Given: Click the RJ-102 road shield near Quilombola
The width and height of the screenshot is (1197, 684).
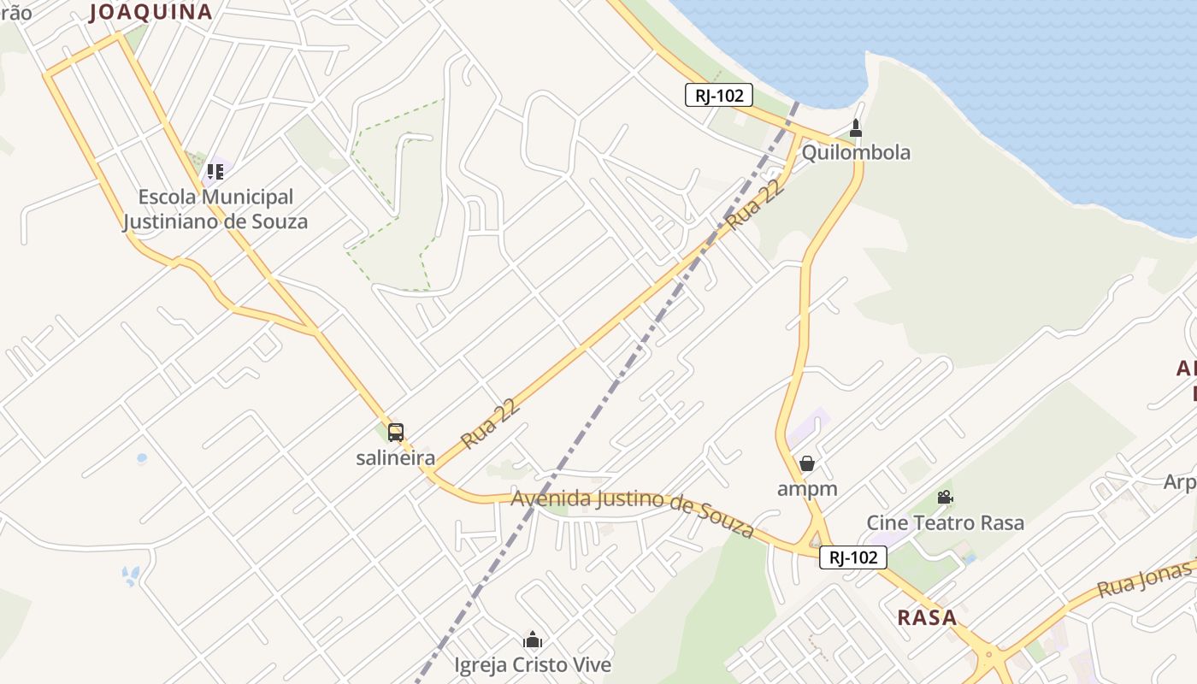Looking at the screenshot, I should pyautogui.click(x=718, y=96).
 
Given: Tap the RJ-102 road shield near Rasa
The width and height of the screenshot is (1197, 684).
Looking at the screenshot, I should pyautogui.click(x=853, y=558).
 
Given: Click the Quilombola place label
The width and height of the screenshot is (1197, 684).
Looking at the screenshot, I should pyautogui.click(x=855, y=153).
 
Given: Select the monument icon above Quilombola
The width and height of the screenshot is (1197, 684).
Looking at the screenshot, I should pyautogui.click(x=855, y=129).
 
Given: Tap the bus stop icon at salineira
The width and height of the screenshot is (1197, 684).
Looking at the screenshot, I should pyautogui.click(x=395, y=433).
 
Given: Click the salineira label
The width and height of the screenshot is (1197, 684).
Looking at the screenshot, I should pyautogui.click(x=395, y=457).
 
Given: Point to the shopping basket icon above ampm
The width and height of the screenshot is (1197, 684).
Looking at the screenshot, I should pyautogui.click(x=806, y=463).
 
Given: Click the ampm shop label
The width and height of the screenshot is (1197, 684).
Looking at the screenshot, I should pyautogui.click(x=806, y=489).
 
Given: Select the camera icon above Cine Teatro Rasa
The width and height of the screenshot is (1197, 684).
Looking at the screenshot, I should pyautogui.click(x=945, y=498).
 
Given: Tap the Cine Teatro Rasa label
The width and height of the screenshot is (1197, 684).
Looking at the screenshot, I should pyautogui.click(x=945, y=522).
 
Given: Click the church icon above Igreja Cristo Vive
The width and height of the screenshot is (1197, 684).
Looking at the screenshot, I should pyautogui.click(x=533, y=640).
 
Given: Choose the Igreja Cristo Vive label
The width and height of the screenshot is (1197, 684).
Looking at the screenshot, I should pyautogui.click(x=533, y=664).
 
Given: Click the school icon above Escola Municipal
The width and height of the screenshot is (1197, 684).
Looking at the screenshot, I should pyautogui.click(x=215, y=172).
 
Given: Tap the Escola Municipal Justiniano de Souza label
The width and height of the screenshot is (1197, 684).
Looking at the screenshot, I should pyautogui.click(x=215, y=209).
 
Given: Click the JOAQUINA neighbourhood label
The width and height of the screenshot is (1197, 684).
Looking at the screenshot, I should pyautogui.click(x=150, y=12).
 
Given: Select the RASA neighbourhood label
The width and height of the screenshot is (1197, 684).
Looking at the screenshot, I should pyautogui.click(x=927, y=617).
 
